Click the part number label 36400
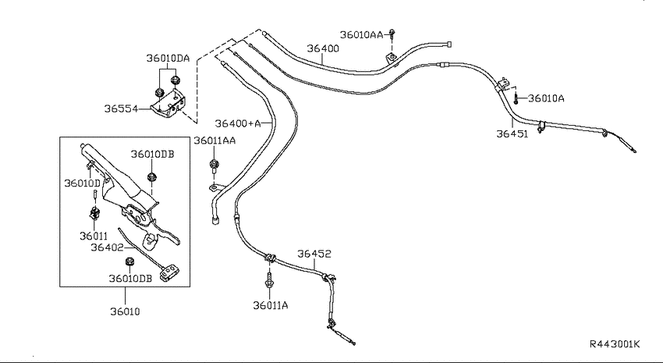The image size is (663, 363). click(323, 48)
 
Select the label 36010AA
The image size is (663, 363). click(361, 34)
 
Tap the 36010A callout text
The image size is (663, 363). click(546, 98)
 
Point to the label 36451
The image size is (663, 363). click(512, 134)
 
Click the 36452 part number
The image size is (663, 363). click(314, 254)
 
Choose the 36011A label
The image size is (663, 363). click(271, 305)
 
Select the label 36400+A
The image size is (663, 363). click(238, 123)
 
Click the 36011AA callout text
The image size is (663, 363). click(214, 141)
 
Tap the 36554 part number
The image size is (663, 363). click(121, 109)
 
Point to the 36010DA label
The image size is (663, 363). click(168, 58)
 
